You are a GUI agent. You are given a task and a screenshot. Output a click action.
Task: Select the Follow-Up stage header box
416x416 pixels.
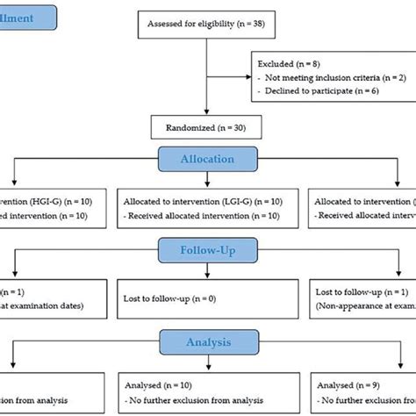(x=208, y=249)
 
